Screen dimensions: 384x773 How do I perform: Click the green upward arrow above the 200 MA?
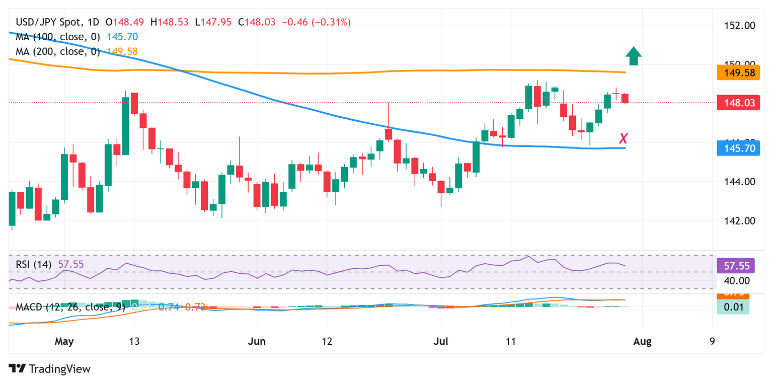(x=634, y=56)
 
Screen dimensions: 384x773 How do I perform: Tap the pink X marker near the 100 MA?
(x=624, y=138)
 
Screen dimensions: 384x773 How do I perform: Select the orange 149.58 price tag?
(x=733, y=74)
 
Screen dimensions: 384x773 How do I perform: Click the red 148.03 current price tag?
(x=733, y=102)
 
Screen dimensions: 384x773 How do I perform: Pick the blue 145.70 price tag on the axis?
(x=733, y=148)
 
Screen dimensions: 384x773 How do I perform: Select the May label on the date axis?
(x=64, y=342)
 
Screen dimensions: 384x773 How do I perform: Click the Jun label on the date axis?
(x=257, y=342)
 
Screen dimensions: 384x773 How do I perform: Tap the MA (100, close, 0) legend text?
(x=58, y=37)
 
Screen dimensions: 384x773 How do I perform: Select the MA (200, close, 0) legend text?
(x=58, y=51)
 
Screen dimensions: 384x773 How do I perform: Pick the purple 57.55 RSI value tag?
(x=733, y=265)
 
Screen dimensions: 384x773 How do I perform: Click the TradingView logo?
(x=50, y=369)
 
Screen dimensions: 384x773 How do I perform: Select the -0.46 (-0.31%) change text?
(x=317, y=22)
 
